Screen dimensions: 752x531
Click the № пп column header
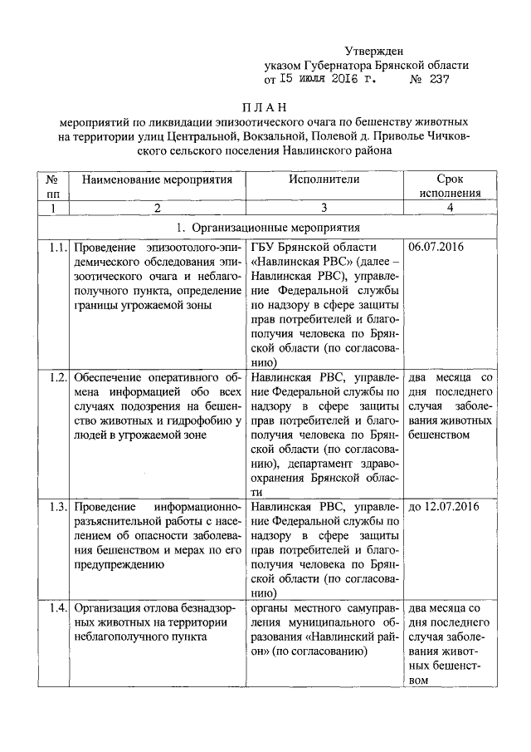(x=51, y=185)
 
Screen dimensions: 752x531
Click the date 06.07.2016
(x=436, y=248)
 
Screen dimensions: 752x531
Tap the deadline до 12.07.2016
(x=444, y=506)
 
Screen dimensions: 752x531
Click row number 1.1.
(x=56, y=248)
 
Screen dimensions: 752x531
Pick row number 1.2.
(x=56, y=376)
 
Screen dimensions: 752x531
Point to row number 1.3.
(x=56, y=506)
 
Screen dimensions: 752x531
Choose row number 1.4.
(x=56, y=607)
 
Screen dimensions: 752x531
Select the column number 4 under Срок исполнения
(x=450, y=208)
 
